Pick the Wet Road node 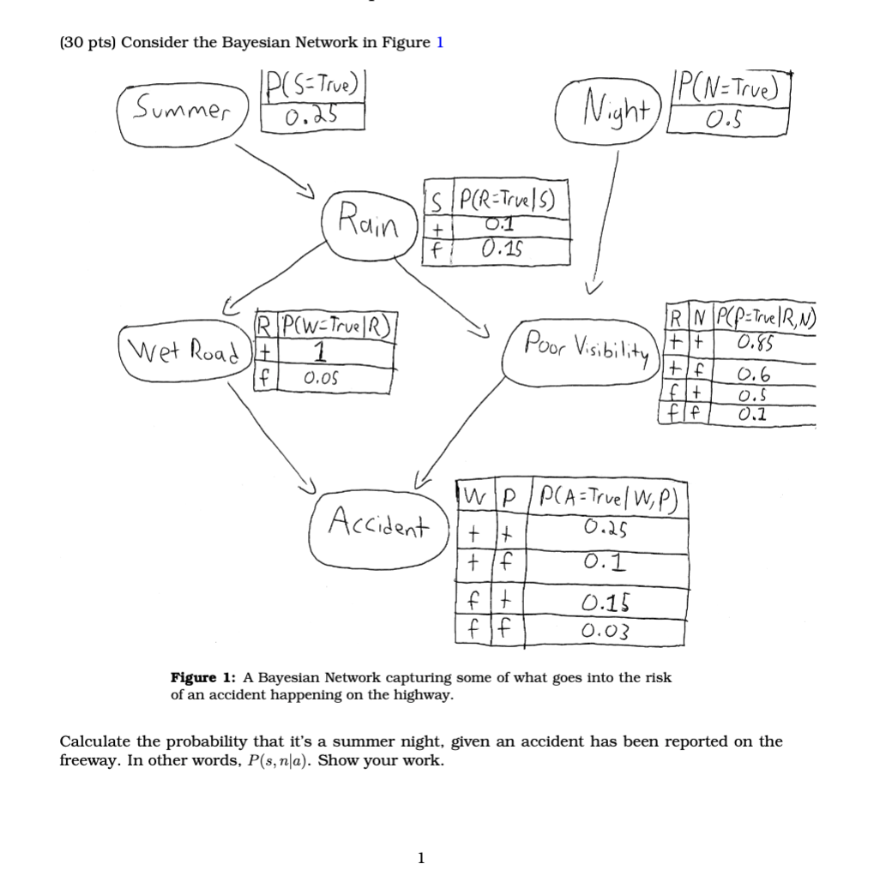tap(178, 351)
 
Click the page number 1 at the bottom tap(420, 856)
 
